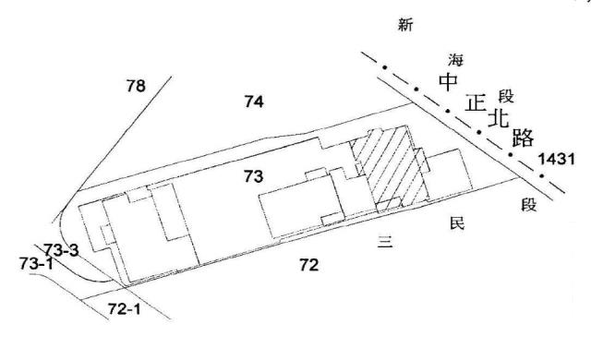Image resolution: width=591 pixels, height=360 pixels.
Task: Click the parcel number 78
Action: [x=136, y=86]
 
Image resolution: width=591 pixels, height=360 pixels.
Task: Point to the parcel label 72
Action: [x=309, y=266]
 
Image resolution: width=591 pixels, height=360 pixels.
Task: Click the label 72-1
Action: [x=123, y=307]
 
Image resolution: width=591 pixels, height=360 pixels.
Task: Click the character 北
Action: [x=499, y=120]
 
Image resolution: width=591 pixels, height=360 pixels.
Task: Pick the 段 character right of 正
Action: [x=505, y=95]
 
